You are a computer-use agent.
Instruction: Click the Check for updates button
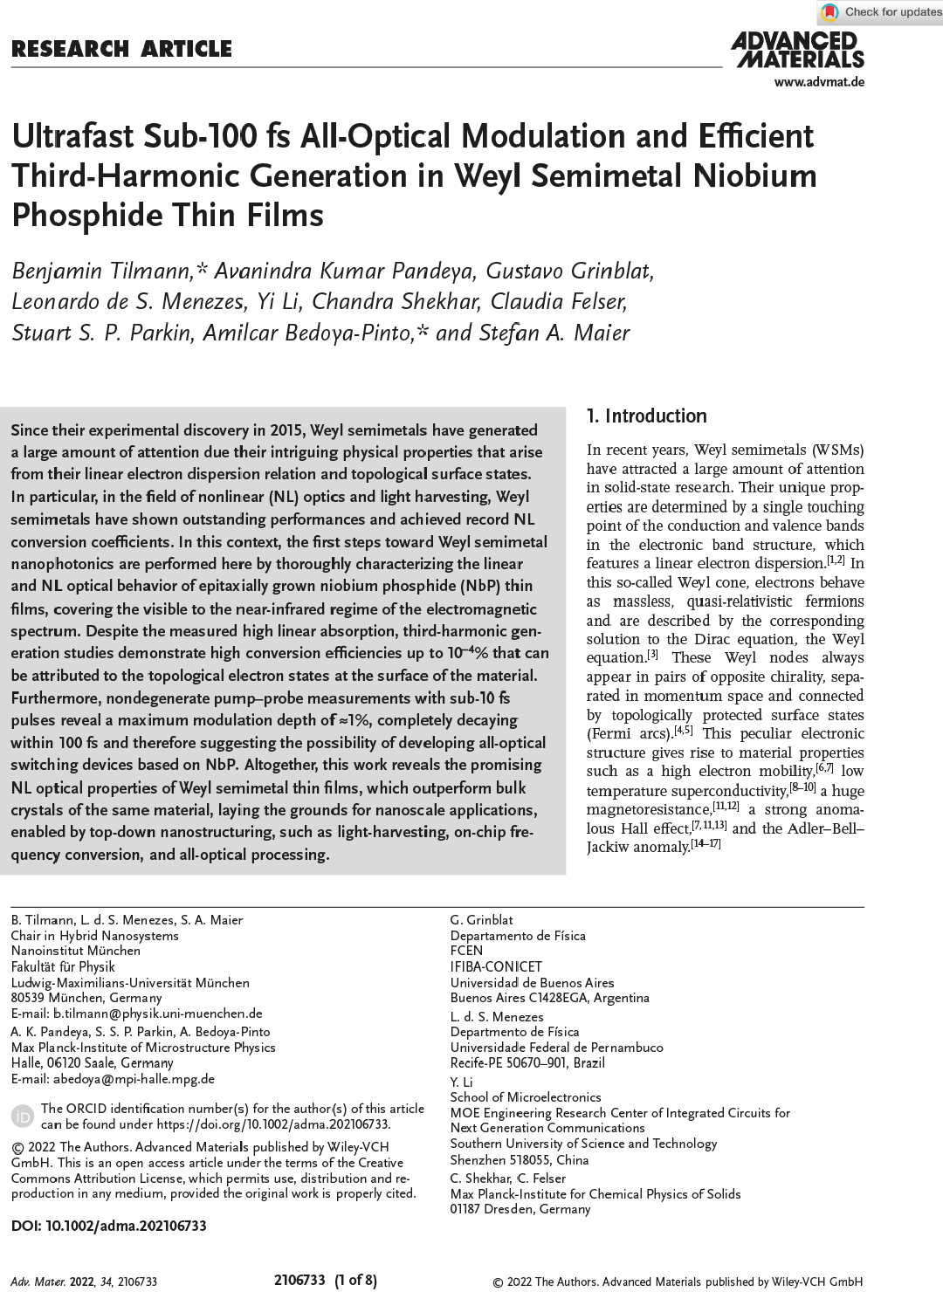(880, 12)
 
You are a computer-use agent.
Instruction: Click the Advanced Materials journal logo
(797, 50)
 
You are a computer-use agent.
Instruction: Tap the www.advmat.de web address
(818, 82)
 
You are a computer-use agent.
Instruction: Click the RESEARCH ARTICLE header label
(121, 49)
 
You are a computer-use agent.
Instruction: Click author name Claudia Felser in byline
(558, 302)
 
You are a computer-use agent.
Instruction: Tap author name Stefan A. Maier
(554, 333)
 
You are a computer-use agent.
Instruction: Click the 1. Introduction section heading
(647, 416)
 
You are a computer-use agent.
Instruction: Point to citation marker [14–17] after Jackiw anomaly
(706, 845)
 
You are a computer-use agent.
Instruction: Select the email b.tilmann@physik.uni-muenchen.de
(157, 1014)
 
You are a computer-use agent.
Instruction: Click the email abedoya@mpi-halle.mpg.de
(134, 1078)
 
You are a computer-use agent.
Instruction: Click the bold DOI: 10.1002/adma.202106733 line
(109, 1226)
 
